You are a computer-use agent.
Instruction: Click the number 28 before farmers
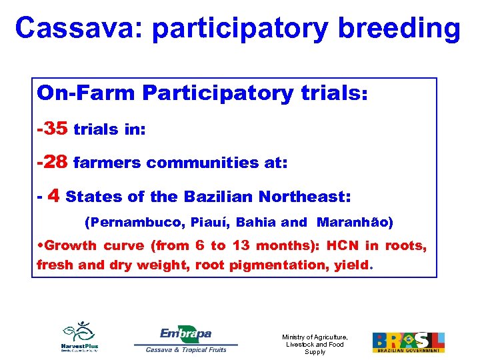(x=55, y=162)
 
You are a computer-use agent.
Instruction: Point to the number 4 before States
(x=55, y=196)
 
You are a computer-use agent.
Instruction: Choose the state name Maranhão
(x=355, y=222)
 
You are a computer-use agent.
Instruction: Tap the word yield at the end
(x=351, y=265)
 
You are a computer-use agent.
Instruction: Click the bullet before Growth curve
(x=40, y=246)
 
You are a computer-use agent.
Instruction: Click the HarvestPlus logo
(x=79, y=337)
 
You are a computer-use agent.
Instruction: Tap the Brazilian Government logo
(x=408, y=342)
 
